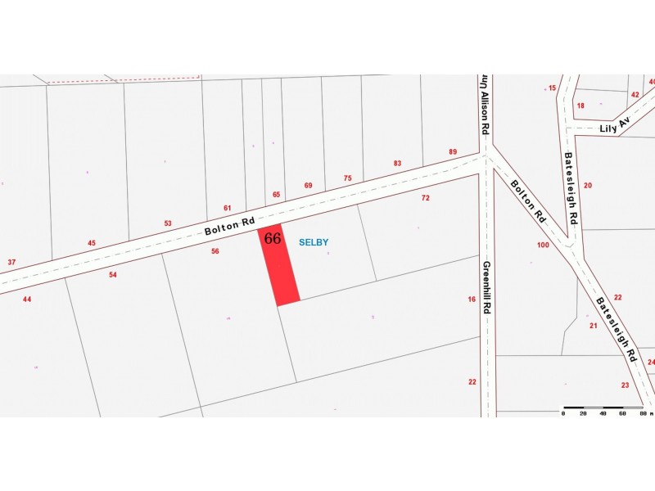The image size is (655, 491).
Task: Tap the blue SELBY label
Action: tap(314, 242)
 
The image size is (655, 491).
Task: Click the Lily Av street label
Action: tap(614, 124)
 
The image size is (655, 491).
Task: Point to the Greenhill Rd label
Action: tap(486, 287)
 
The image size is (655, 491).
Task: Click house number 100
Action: tap(543, 245)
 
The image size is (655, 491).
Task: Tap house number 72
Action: tap(426, 198)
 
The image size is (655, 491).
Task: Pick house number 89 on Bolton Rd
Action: tap(453, 152)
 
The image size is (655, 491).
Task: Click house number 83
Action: tap(398, 164)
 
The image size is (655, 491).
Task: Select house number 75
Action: tap(347, 178)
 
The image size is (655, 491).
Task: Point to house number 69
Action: tap(309, 186)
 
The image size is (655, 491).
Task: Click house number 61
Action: tap(228, 208)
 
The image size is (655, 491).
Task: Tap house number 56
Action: tap(215, 251)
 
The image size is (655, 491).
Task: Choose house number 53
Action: tap(168, 223)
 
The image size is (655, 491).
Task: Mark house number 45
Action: tap(92, 242)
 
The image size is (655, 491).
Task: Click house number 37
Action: tap(11, 262)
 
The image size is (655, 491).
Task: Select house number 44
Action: tap(27, 300)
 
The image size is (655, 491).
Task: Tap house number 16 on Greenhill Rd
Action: tap(472, 300)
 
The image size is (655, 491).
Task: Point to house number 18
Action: tap(580, 106)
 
